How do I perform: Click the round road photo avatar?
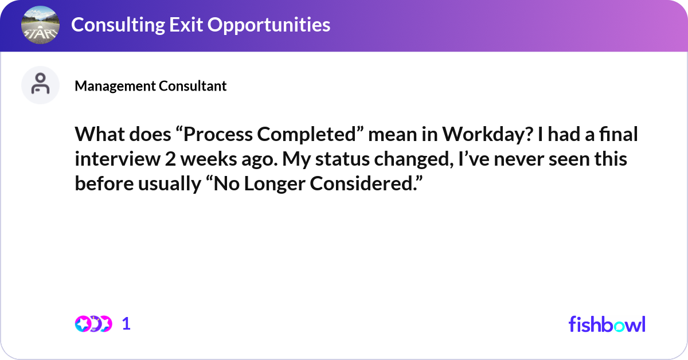point(40,25)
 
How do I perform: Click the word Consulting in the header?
point(118,25)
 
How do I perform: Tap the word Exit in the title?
point(186,25)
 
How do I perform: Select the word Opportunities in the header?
point(269,25)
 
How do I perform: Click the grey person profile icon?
point(40,85)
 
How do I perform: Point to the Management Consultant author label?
point(150,86)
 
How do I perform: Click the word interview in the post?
point(118,159)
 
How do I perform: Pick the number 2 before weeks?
point(170,159)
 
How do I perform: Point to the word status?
point(342,159)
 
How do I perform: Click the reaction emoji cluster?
point(93,324)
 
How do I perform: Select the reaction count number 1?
point(126,324)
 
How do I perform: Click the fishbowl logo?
point(607,324)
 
